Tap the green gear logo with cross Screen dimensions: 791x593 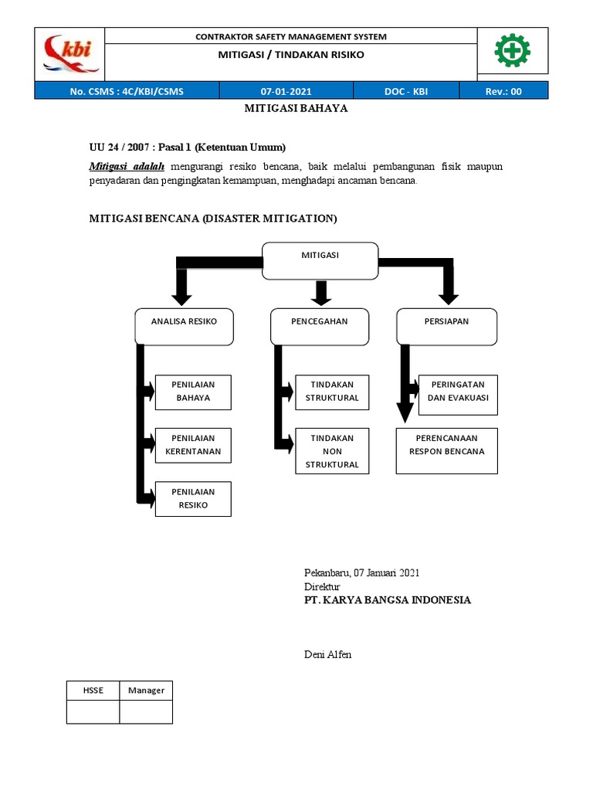point(512,52)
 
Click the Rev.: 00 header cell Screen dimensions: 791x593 point(503,91)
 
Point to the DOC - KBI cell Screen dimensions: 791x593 point(405,91)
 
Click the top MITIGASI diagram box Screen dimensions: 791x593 point(320,260)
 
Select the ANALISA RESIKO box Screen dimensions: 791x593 point(184,326)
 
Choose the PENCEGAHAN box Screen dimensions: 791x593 point(320,326)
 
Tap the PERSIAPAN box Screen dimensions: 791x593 point(447,326)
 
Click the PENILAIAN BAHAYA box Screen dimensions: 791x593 point(193,392)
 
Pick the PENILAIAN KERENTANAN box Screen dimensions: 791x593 point(193,445)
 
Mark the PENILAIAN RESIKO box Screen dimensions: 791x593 point(193,498)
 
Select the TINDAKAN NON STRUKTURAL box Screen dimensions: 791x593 point(332,451)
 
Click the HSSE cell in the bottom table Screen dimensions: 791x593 point(93,690)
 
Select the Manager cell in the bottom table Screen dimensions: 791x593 point(146,690)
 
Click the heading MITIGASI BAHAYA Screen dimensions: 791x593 point(296,109)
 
